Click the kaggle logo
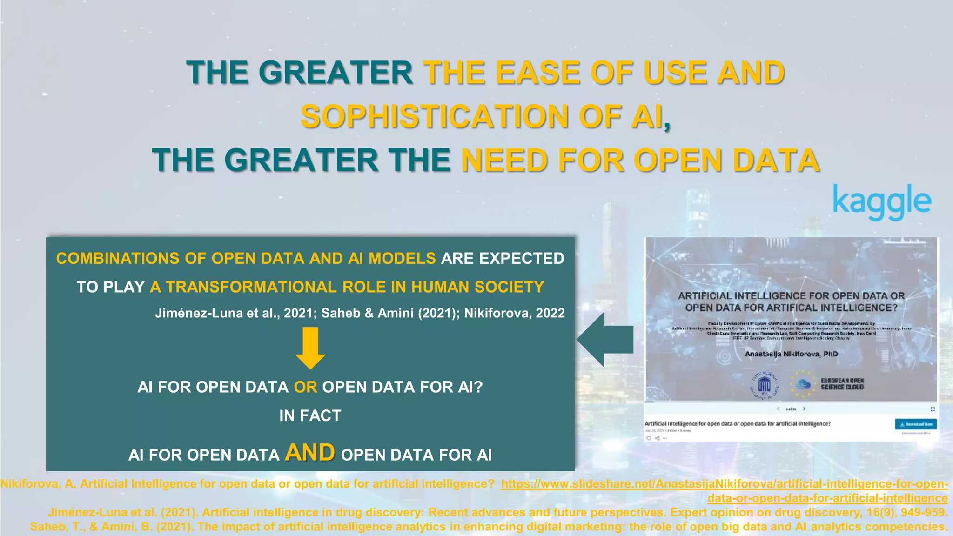882,202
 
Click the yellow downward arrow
310,348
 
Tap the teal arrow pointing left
605,340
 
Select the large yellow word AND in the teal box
310,452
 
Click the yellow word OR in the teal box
305,387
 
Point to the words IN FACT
310,415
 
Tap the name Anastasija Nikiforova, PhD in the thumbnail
791,354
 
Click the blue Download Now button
916,424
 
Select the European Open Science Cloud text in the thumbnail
842,384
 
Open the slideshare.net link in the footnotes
724,484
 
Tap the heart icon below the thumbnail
649,438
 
